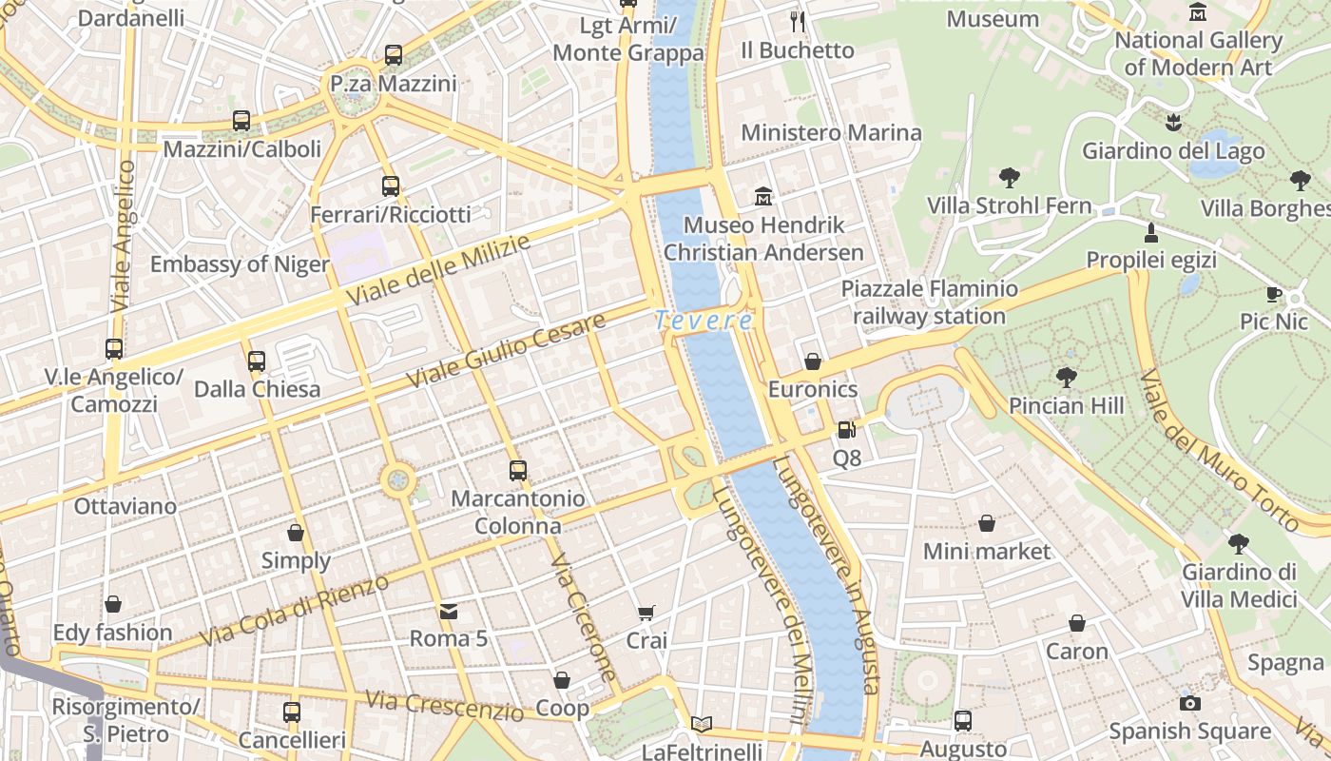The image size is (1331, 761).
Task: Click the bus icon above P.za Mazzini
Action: [394, 55]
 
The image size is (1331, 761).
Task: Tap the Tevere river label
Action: [704, 322]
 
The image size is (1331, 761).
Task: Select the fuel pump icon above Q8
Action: [846, 430]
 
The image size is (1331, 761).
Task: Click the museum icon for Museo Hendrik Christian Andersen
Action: [763, 197]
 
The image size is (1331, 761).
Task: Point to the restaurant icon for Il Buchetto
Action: [798, 21]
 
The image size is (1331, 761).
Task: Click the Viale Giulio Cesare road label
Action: [507, 350]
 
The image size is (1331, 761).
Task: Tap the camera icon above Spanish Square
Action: [1189, 703]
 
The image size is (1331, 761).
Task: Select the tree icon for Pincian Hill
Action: [1066, 378]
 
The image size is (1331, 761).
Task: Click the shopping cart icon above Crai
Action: [646, 613]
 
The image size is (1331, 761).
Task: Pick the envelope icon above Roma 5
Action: [449, 611]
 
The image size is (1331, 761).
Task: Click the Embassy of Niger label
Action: [240, 264]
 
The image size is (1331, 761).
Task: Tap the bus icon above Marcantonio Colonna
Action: [517, 470]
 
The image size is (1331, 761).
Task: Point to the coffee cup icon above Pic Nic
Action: [1274, 294]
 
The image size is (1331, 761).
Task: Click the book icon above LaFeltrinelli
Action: [702, 725]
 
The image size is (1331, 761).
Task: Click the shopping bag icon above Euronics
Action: [813, 361]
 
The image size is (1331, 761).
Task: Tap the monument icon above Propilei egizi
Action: [1151, 232]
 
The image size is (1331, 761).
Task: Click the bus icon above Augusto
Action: [963, 721]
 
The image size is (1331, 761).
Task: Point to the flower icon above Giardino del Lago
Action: [1173, 122]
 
